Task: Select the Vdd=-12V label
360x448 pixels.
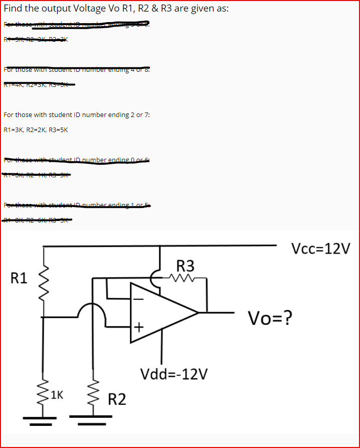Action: click(x=174, y=374)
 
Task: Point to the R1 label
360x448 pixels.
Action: click(x=19, y=277)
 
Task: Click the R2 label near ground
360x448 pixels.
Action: click(x=117, y=400)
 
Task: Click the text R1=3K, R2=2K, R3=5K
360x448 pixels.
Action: click(x=36, y=130)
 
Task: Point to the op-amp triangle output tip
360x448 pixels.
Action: click(x=199, y=312)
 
